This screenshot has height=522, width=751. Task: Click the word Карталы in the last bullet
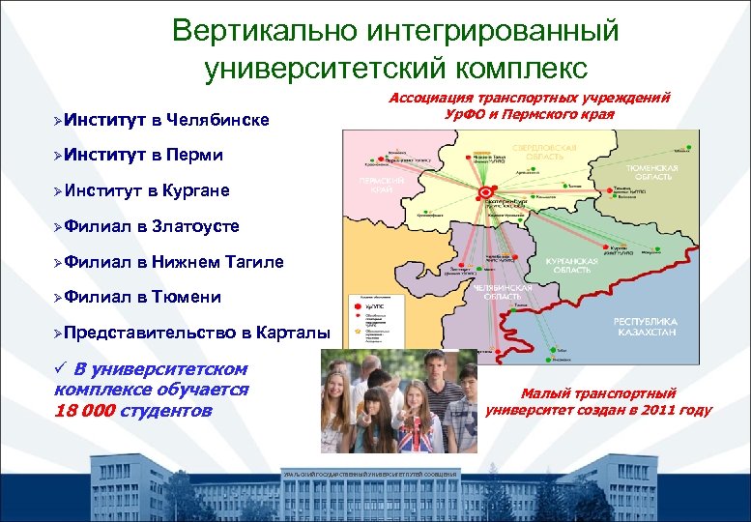[294, 333]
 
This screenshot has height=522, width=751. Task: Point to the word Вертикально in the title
[265, 31]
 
